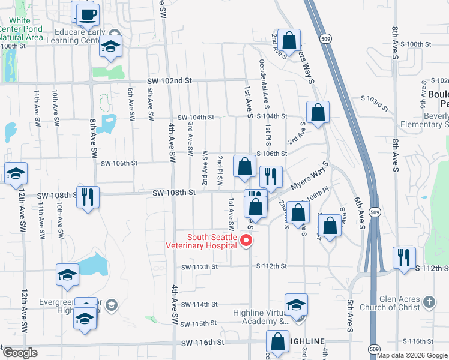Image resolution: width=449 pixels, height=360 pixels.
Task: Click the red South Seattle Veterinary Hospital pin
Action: click(x=246, y=241)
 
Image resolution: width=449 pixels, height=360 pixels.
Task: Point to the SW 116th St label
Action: click(x=204, y=342)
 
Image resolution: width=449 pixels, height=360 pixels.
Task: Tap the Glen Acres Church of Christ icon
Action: click(x=429, y=301)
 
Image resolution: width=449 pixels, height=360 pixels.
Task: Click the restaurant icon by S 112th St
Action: click(x=404, y=257)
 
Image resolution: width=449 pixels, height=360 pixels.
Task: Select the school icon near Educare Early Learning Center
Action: click(x=110, y=46)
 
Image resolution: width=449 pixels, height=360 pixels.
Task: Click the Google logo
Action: click(x=20, y=353)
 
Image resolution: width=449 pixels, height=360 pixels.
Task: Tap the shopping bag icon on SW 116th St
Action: click(x=279, y=341)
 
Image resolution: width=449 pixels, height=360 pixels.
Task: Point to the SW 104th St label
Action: click(x=196, y=118)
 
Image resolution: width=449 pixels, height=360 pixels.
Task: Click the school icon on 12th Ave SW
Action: click(x=15, y=174)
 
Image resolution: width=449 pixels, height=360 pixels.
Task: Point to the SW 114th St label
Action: click(x=197, y=304)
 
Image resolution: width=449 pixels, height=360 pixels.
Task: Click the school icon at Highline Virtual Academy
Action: click(x=296, y=305)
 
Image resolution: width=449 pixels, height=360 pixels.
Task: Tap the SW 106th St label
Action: click(x=119, y=163)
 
